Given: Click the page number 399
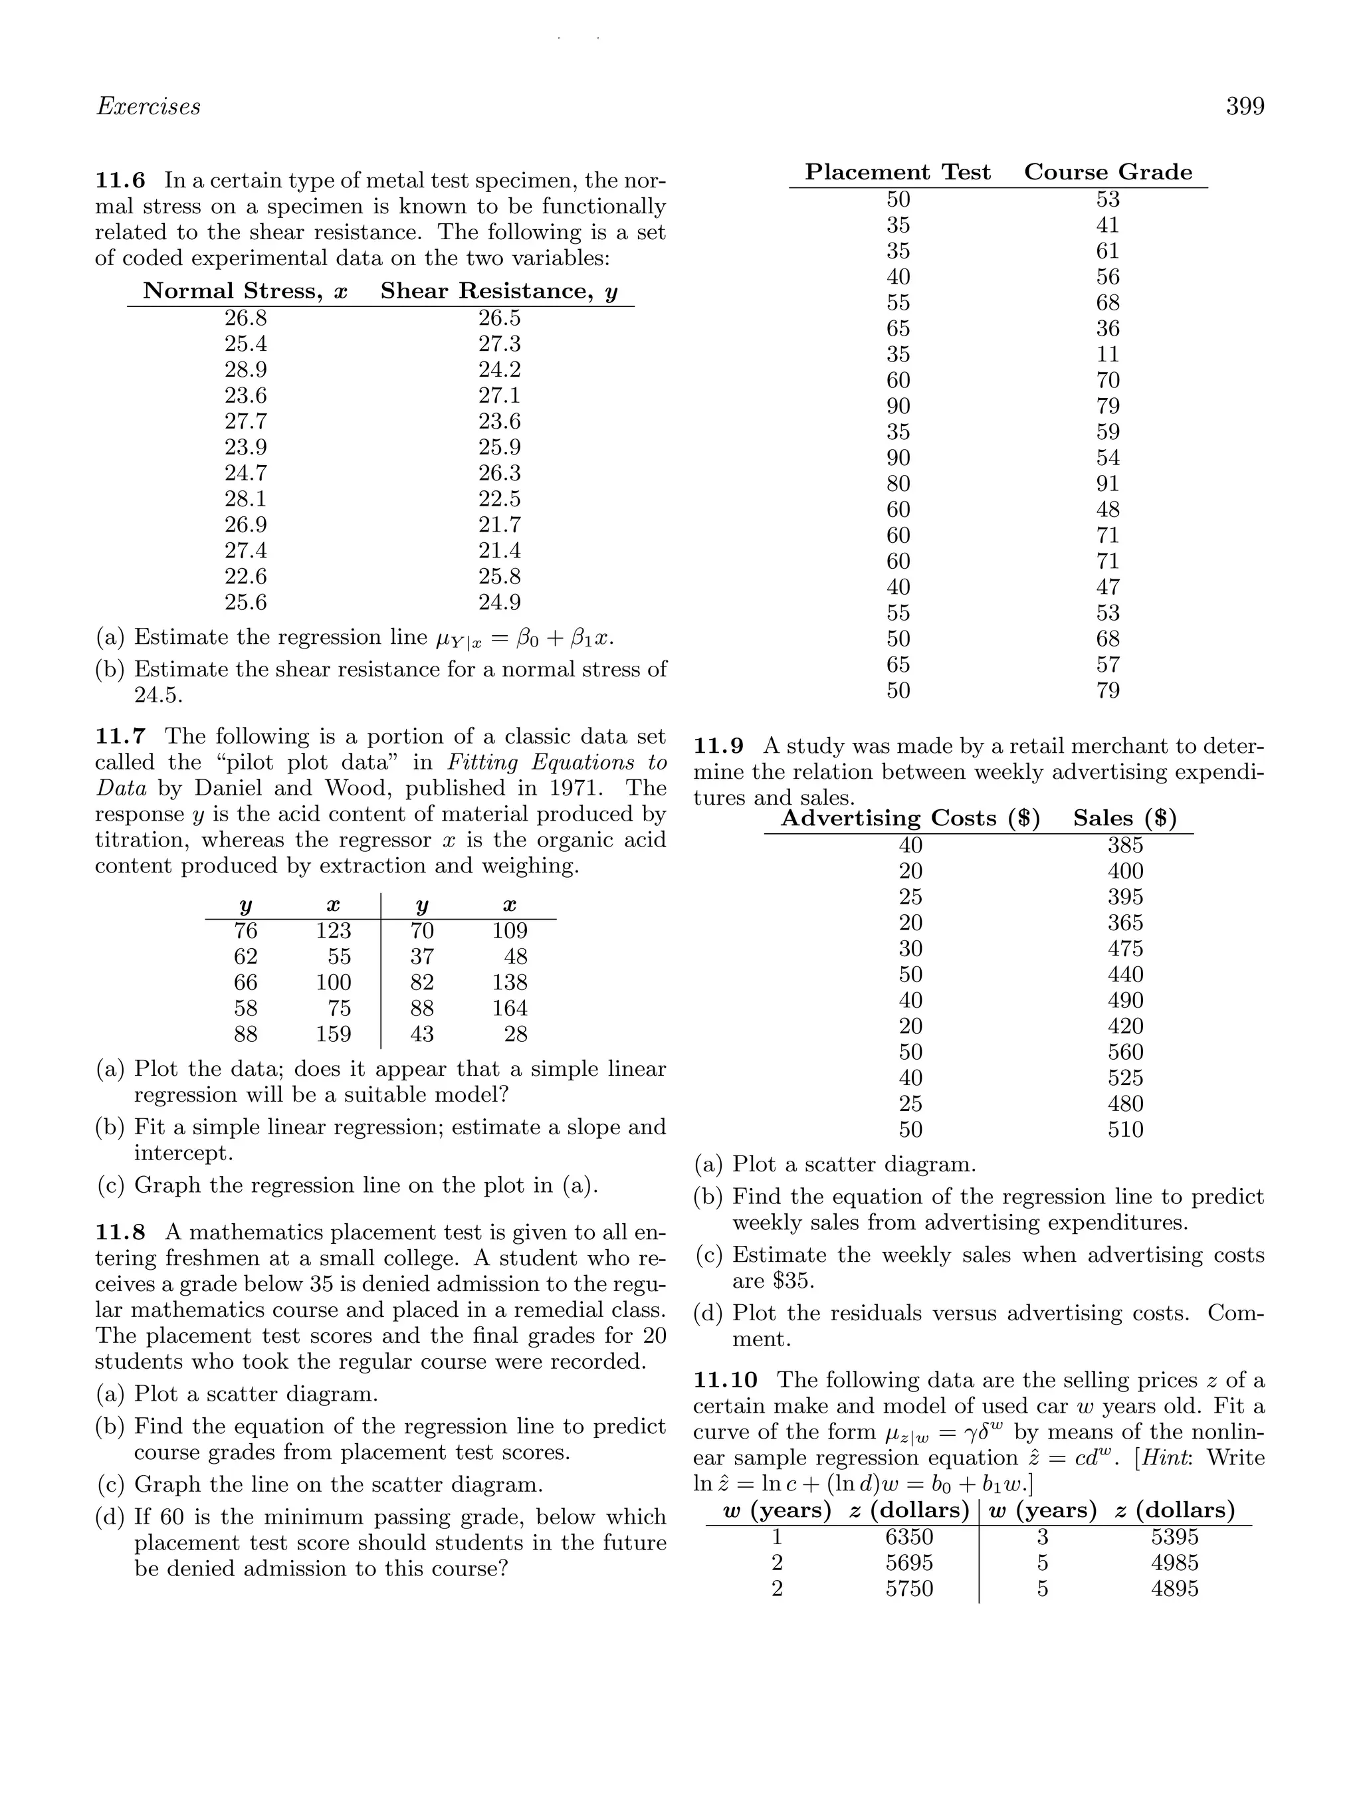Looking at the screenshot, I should coord(1245,106).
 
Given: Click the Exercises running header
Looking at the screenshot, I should coord(148,106).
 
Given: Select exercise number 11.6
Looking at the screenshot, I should coord(120,181).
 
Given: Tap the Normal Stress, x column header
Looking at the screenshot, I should coord(245,291).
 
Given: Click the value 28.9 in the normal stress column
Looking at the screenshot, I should coord(245,370).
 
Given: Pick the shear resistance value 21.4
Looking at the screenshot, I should coord(499,551).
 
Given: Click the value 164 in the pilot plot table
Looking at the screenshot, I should coord(510,1009).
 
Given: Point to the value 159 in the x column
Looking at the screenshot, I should coord(334,1035).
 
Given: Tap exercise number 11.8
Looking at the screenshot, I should coord(120,1233).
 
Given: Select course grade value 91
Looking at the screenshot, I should coord(1107,484).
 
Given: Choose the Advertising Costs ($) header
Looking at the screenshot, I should coord(910,819).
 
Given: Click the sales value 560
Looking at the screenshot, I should coord(1125,1052).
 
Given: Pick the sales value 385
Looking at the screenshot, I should coord(1125,845).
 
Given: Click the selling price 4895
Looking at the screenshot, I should coord(1174,1589).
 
